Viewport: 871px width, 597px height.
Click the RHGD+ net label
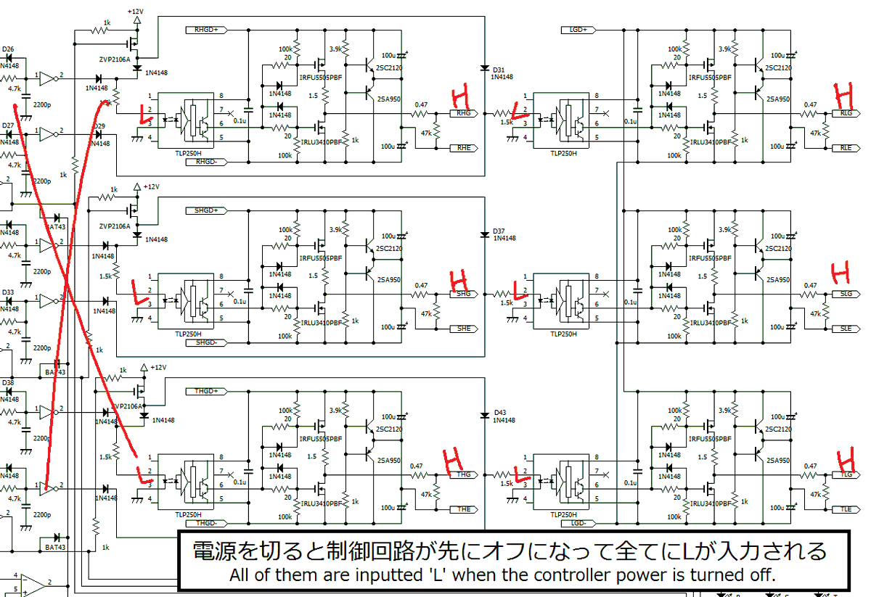206,30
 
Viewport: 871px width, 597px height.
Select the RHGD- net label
206,162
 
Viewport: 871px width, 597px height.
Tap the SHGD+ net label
206,210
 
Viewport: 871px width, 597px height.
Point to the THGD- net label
206,523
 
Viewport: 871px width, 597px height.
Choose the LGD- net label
578,523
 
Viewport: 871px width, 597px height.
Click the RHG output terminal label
463,114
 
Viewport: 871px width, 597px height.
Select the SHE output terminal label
463,329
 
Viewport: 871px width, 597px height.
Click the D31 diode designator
498,70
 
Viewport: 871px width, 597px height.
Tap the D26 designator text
8,49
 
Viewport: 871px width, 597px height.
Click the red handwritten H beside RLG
843,93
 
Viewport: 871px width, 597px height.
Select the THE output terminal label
463,509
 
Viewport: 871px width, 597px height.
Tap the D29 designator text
100,126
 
